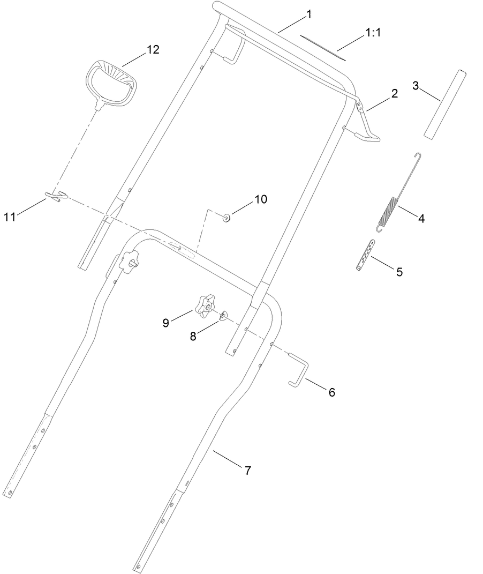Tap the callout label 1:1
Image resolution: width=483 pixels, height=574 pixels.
tap(373, 33)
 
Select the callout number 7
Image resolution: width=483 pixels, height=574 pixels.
tap(247, 471)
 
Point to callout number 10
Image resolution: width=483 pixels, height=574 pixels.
tap(260, 199)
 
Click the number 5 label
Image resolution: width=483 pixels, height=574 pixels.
tap(399, 272)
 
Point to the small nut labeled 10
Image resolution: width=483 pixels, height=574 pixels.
tap(226, 217)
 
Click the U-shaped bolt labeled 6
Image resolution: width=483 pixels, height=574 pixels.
tap(300, 369)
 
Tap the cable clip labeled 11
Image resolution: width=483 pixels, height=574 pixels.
tap(56, 197)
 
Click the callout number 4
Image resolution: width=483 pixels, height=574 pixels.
tap(421, 219)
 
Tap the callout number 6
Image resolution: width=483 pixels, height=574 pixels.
tap(331, 392)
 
